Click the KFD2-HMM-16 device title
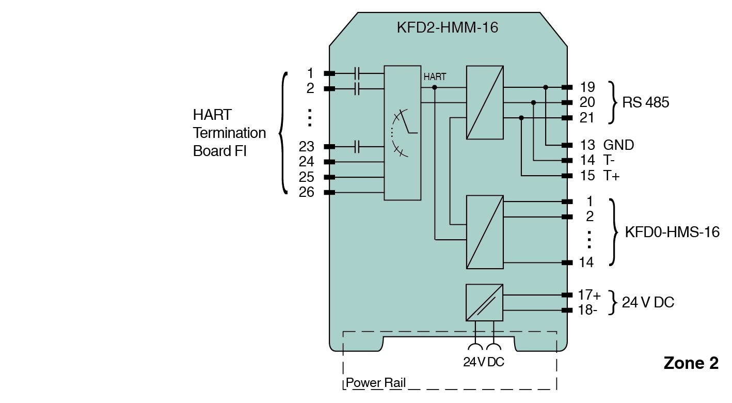(447, 27)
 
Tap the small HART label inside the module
(435, 77)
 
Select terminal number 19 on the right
(587, 87)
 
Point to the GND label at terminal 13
(618, 145)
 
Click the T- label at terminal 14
(609, 161)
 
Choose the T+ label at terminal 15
(611, 176)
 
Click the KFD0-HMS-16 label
(672, 232)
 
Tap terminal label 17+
(590, 295)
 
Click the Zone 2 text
(691, 363)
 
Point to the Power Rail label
(376, 383)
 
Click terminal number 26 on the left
(307, 192)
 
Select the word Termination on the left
(229, 133)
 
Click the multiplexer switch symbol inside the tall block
(401, 132)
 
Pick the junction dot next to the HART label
(435, 87)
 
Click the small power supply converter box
(484, 303)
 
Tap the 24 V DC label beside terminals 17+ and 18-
(648, 302)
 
